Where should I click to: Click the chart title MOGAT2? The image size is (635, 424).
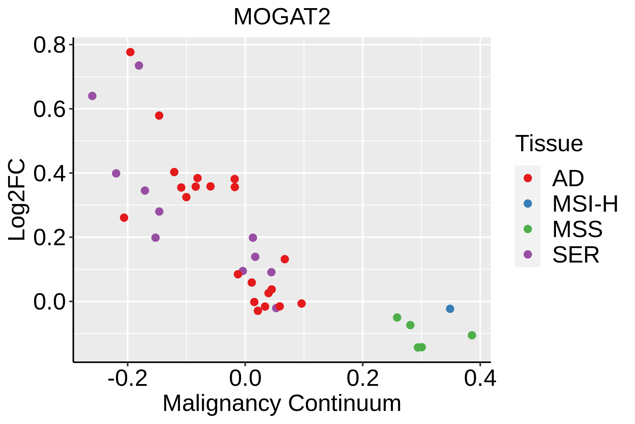pyautogui.click(x=282, y=17)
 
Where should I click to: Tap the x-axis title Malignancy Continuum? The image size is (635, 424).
pyautogui.click(x=282, y=403)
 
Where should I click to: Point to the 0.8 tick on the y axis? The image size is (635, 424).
pyautogui.click(x=49, y=45)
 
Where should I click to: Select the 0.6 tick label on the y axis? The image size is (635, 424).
pyautogui.click(x=49, y=109)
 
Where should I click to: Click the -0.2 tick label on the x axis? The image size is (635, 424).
pyautogui.click(x=127, y=378)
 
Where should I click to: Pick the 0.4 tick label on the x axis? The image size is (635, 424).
pyautogui.click(x=480, y=378)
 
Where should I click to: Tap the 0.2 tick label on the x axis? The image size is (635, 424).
pyautogui.click(x=362, y=378)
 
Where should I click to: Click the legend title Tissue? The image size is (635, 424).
pyautogui.click(x=549, y=143)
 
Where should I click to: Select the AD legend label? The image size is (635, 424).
pyautogui.click(x=568, y=178)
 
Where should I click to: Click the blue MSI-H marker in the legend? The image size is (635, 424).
pyautogui.click(x=528, y=204)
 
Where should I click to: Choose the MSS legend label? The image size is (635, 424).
pyautogui.click(x=577, y=229)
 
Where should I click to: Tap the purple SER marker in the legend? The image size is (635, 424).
pyautogui.click(x=528, y=254)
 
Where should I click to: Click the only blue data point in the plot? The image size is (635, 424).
pyautogui.click(x=450, y=309)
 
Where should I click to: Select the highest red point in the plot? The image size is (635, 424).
pyautogui.click(x=130, y=52)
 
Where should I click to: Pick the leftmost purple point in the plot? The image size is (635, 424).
pyautogui.click(x=92, y=96)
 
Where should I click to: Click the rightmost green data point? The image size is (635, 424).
pyautogui.click(x=472, y=335)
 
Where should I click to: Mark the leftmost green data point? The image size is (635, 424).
pyautogui.click(x=397, y=318)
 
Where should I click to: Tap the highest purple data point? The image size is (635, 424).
pyautogui.click(x=139, y=66)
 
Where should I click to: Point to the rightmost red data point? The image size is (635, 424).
pyautogui.click(x=301, y=304)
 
